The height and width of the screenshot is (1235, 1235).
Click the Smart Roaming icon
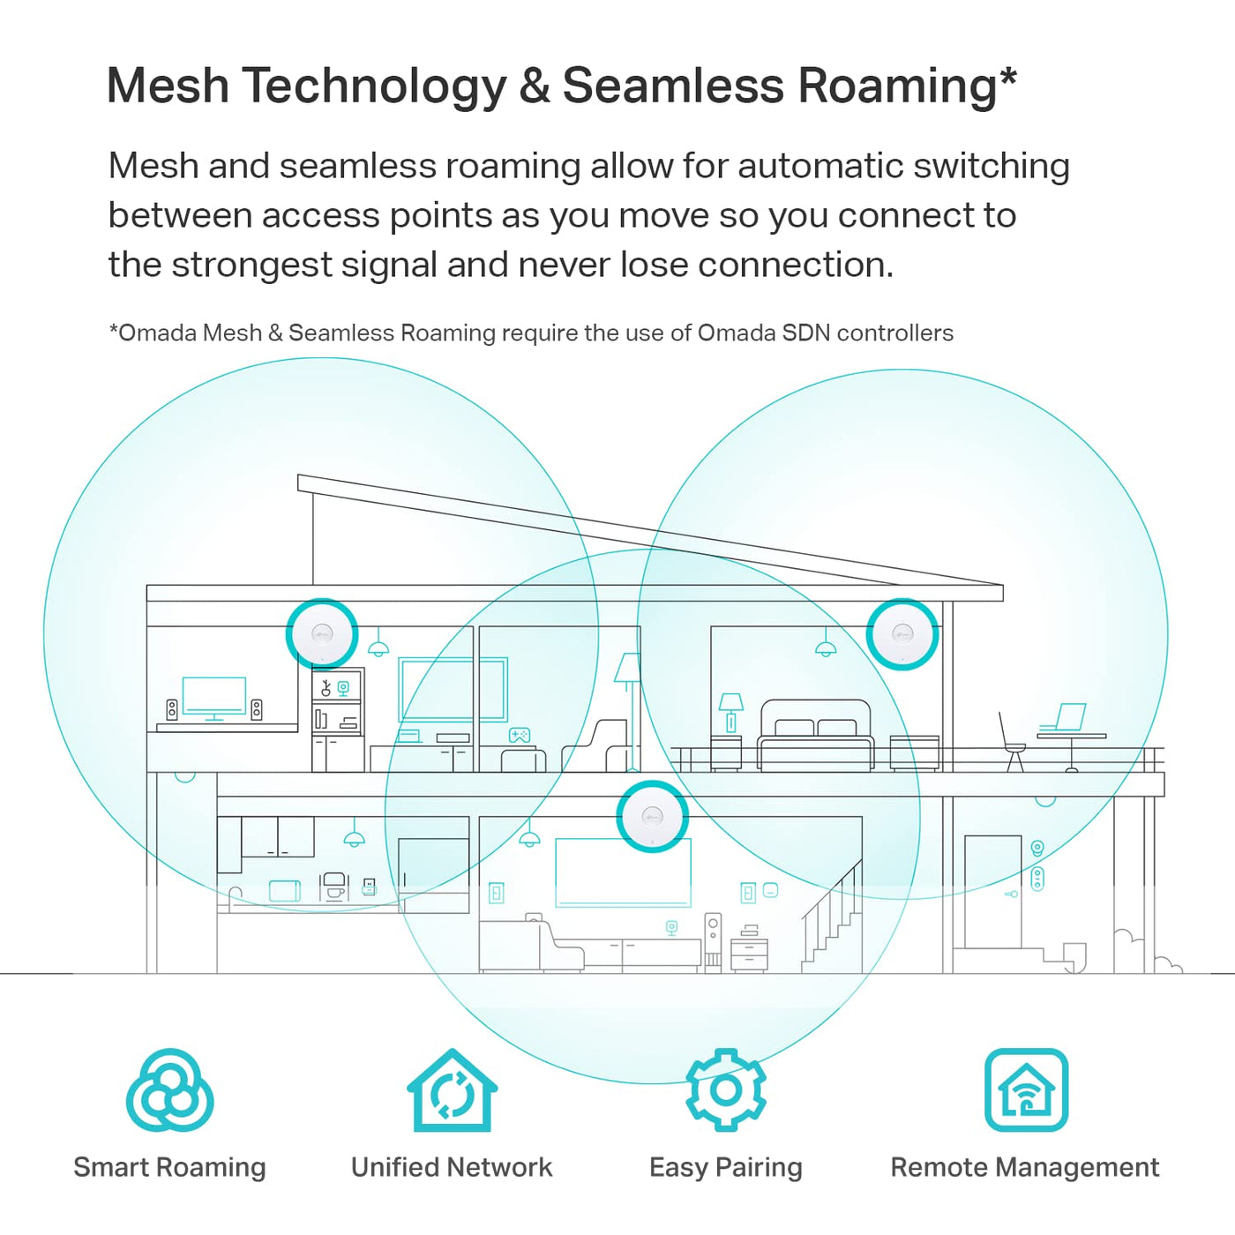click(169, 1090)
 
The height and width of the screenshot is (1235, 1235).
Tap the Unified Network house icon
click(452, 1091)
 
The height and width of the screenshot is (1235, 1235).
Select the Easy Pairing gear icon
click(725, 1090)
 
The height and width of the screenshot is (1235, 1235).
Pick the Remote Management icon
click(1026, 1090)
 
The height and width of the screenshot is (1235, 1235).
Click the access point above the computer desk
click(322, 633)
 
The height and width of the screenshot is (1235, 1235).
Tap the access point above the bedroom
click(902, 633)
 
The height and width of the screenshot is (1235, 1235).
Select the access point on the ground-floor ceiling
click(652, 816)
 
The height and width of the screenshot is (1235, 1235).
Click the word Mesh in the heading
click(168, 86)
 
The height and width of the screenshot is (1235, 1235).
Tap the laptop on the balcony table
click(1068, 717)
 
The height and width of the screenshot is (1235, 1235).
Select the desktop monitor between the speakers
click(213, 697)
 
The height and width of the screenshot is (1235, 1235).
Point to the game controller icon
click(519, 735)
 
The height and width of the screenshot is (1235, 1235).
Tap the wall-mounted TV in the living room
click(623, 872)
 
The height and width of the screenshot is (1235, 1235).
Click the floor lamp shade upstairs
click(628, 668)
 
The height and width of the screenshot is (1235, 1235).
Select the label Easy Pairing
click(725, 1168)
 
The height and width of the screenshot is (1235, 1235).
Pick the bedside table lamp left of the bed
click(730, 710)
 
